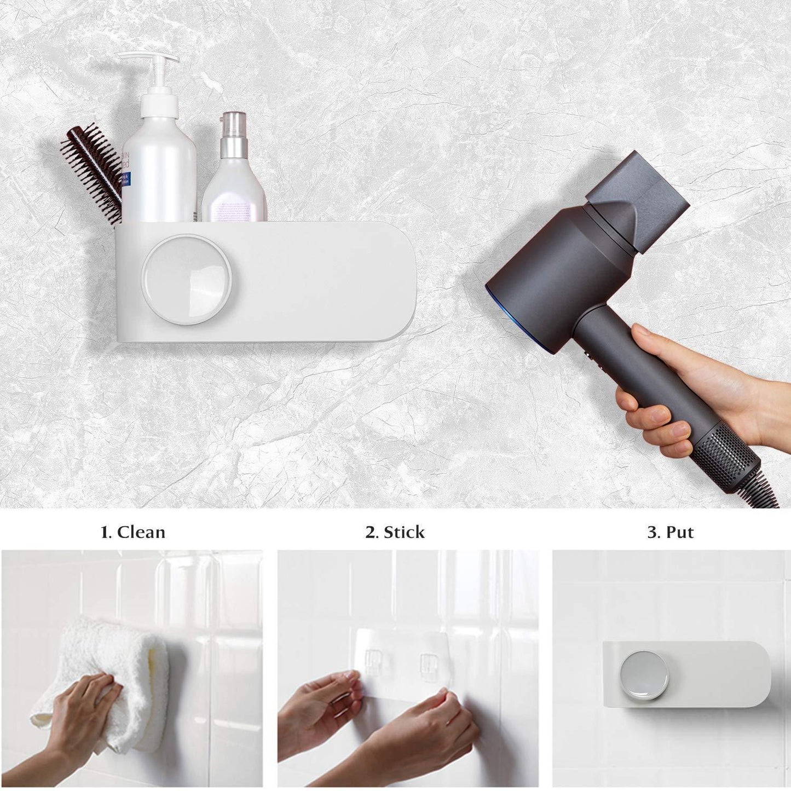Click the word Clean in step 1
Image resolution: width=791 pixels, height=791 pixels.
click(141, 532)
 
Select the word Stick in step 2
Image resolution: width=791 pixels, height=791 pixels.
click(404, 532)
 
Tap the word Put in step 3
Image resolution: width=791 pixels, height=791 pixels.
click(679, 532)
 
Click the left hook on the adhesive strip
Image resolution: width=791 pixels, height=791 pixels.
click(374, 662)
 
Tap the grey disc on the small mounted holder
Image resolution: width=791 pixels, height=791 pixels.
click(644, 675)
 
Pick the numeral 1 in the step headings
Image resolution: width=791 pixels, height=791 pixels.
click(105, 532)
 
